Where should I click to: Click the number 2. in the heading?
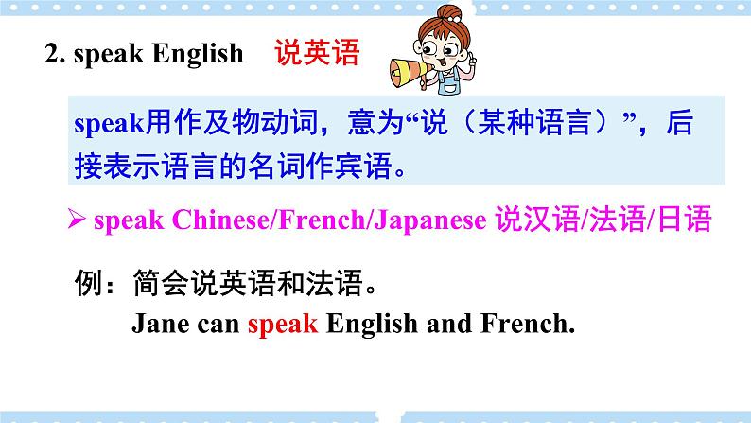55,53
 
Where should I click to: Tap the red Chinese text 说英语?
317,53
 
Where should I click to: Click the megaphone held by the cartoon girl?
408,73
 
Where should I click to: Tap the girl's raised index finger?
471,58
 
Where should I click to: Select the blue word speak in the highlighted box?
109,124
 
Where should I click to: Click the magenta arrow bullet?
77,220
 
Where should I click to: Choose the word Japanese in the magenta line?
429,220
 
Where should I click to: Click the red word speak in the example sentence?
283,324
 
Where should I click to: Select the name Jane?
161,324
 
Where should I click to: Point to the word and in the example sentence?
448,324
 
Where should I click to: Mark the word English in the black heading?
198,53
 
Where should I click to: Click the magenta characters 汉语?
551,220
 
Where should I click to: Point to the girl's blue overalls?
449,82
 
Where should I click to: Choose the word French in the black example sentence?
528,324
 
